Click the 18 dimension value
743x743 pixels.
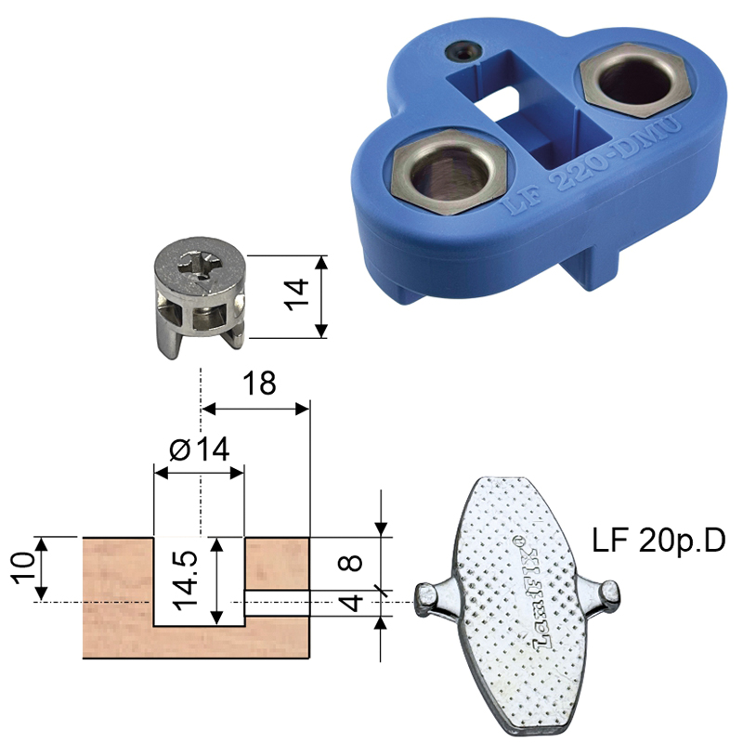[x=259, y=383]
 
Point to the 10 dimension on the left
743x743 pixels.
[x=25, y=567]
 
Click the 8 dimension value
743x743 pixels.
[x=351, y=563]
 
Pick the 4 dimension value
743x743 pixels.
[x=351, y=603]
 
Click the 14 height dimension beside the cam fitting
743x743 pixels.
[x=296, y=295]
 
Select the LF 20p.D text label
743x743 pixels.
[x=658, y=541]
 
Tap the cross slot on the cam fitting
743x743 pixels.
[x=199, y=267]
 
